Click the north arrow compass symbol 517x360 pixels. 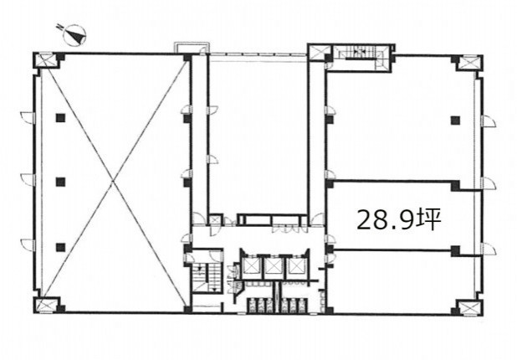[x=74, y=34]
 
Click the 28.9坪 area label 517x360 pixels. [x=399, y=219]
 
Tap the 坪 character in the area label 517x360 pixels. [x=429, y=219]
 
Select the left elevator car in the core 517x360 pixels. [x=251, y=265]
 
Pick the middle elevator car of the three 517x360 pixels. [x=274, y=266]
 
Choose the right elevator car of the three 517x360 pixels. [x=296, y=266]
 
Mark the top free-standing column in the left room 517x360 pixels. [x=60, y=118]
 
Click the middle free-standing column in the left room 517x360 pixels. [x=60, y=182]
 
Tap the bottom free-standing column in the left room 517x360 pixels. [x=60, y=247]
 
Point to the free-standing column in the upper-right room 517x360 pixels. [x=455, y=120]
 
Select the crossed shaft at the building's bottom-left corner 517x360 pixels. [x=47, y=305]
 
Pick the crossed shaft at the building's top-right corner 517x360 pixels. [x=469, y=64]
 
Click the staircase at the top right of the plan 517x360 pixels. [x=361, y=58]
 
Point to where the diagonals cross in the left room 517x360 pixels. [x=112, y=182]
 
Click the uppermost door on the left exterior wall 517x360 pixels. [x=28, y=118]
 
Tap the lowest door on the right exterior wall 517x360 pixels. [x=489, y=249]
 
